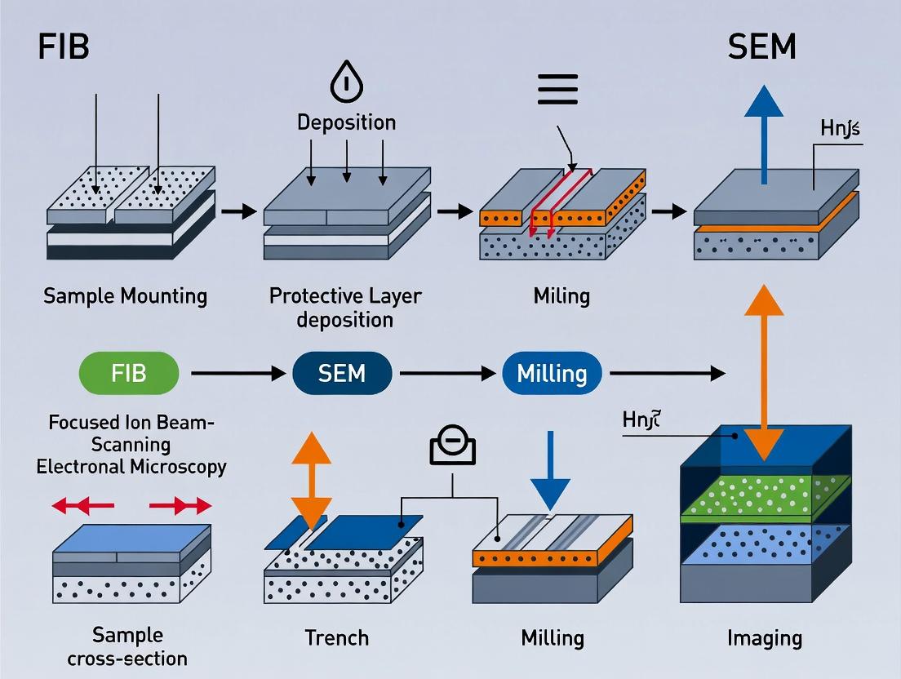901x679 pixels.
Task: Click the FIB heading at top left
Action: (x=63, y=47)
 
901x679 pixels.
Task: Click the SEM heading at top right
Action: (x=761, y=47)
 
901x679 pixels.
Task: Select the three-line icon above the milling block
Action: (x=557, y=89)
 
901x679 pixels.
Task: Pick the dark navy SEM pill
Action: (x=342, y=374)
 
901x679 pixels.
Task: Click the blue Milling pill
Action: (x=552, y=374)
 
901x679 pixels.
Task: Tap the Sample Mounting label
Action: (x=125, y=295)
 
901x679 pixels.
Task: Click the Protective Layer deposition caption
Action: (x=345, y=307)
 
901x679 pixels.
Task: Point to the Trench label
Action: (x=336, y=637)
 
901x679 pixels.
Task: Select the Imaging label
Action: (x=764, y=637)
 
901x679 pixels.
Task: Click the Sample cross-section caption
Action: (x=127, y=646)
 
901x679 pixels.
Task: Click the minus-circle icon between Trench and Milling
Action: (x=452, y=448)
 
